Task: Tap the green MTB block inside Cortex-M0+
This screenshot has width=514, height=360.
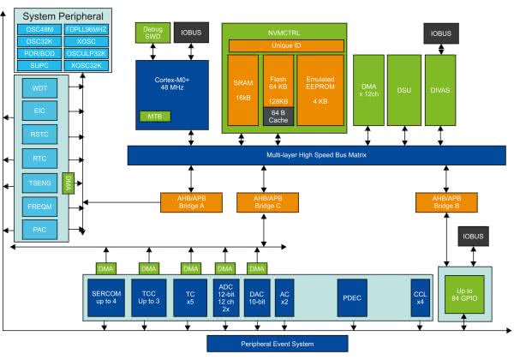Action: click(155, 115)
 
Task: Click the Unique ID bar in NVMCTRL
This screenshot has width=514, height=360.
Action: click(285, 45)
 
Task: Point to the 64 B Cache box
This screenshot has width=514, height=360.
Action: click(278, 116)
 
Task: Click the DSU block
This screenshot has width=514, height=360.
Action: click(403, 88)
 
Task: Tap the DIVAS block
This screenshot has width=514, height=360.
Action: click(439, 88)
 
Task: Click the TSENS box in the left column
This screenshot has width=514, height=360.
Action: click(40, 182)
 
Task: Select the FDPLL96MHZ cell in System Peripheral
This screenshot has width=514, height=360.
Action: click(85, 29)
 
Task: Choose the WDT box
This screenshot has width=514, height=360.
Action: click(40, 87)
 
